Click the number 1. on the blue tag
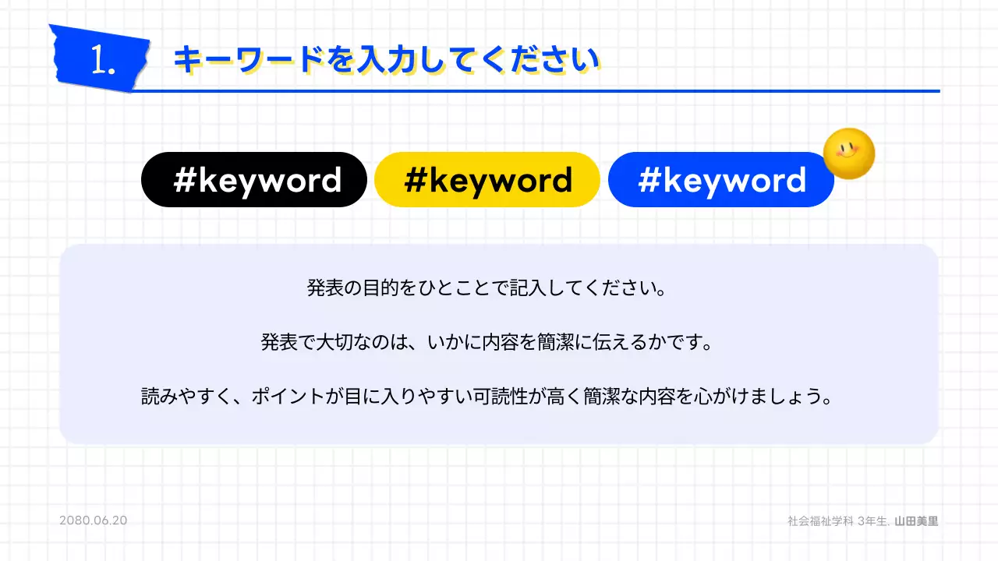[102, 61]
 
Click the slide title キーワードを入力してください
[386, 61]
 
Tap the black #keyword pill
[253, 180]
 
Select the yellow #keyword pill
[487, 180]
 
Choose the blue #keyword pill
[721, 180]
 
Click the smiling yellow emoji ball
[849, 153]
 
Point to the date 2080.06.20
[93, 520]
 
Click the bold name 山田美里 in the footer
[916, 520]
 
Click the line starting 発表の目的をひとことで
[487, 289]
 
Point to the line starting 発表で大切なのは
[487, 343]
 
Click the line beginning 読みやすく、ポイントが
[487, 397]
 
